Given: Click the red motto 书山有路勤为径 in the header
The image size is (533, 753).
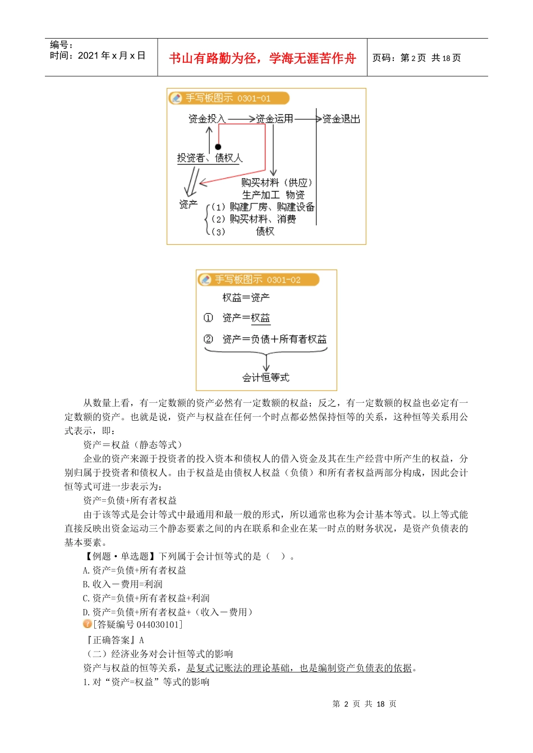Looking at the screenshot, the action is pyautogui.click(x=262, y=58).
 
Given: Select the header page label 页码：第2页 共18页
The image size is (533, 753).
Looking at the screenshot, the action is pyautogui.click(x=416, y=58).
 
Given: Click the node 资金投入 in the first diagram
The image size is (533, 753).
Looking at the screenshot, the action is pyautogui.click(x=206, y=119).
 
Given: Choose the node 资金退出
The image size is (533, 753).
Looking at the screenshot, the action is pyautogui.click(x=341, y=119).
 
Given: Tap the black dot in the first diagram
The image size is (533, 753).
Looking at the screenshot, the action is pyautogui.click(x=218, y=147).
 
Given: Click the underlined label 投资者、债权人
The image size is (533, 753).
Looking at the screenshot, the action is pyautogui.click(x=210, y=158).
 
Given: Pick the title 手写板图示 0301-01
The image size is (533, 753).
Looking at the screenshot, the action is pyautogui.click(x=228, y=98).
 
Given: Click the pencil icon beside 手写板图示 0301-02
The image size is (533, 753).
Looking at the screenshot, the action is pyautogui.click(x=205, y=280).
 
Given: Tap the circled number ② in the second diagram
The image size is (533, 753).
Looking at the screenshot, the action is pyautogui.click(x=208, y=339).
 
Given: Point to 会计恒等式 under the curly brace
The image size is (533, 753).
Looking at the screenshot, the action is pyautogui.click(x=265, y=378).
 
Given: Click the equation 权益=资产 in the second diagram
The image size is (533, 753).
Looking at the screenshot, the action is pyautogui.click(x=246, y=298).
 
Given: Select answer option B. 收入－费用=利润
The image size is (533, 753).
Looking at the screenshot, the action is pyautogui.click(x=122, y=584).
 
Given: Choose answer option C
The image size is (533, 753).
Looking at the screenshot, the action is pyautogui.click(x=146, y=598).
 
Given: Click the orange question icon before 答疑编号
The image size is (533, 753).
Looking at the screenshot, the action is pyautogui.click(x=87, y=624).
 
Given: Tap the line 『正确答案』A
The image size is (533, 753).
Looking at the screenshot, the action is pyautogui.click(x=114, y=640).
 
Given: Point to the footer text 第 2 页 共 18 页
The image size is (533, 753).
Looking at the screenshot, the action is pyautogui.click(x=364, y=704).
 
